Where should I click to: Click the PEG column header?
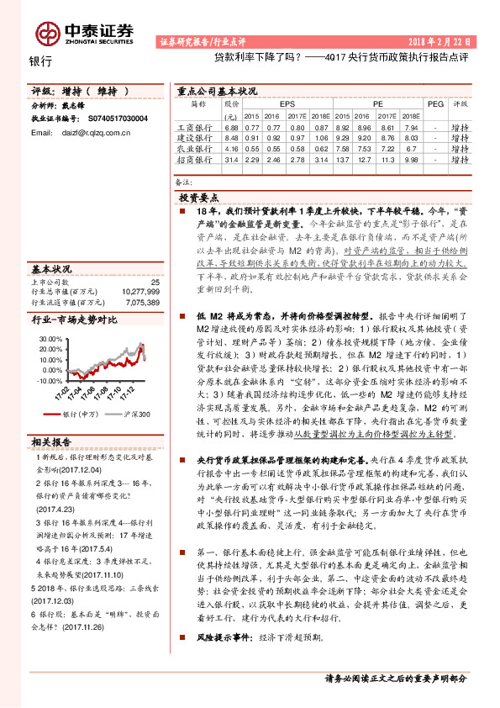coord(435,103)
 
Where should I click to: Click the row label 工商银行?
coord(198,126)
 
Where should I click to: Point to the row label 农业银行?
coord(198,148)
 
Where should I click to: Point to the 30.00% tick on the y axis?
coord(50,338)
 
